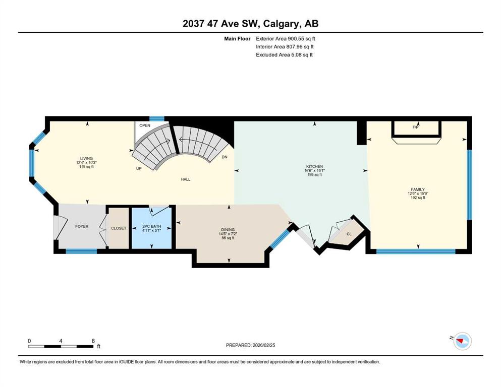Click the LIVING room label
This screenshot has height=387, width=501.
tap(86, 158)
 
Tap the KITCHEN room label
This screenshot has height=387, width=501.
tap(314, 166)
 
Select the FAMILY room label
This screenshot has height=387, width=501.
tap(418, 189)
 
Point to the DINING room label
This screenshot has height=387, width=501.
tap(228, 229)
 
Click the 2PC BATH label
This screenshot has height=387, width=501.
tap(151, 226)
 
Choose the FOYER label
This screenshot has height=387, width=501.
tap(82, 226)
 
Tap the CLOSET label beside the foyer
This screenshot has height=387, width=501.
tap(119, 228)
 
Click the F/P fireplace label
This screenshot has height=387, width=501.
tap(415, 127)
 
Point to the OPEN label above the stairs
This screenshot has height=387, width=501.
tap(145, 125)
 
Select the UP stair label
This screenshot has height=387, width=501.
tap(139, 168)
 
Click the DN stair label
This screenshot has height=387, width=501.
tap(225, 157)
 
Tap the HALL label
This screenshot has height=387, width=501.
tap(186, 179)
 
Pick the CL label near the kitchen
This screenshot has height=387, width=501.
tap(349, 234)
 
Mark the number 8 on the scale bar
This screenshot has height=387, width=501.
tap(93, 341)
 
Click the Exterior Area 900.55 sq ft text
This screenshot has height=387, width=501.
tap(286, 39)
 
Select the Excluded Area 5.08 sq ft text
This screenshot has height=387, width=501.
tap(285, 54)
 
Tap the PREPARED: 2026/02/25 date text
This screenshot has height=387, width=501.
tap(250, 345)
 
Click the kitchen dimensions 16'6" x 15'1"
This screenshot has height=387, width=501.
tap(314, 170)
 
